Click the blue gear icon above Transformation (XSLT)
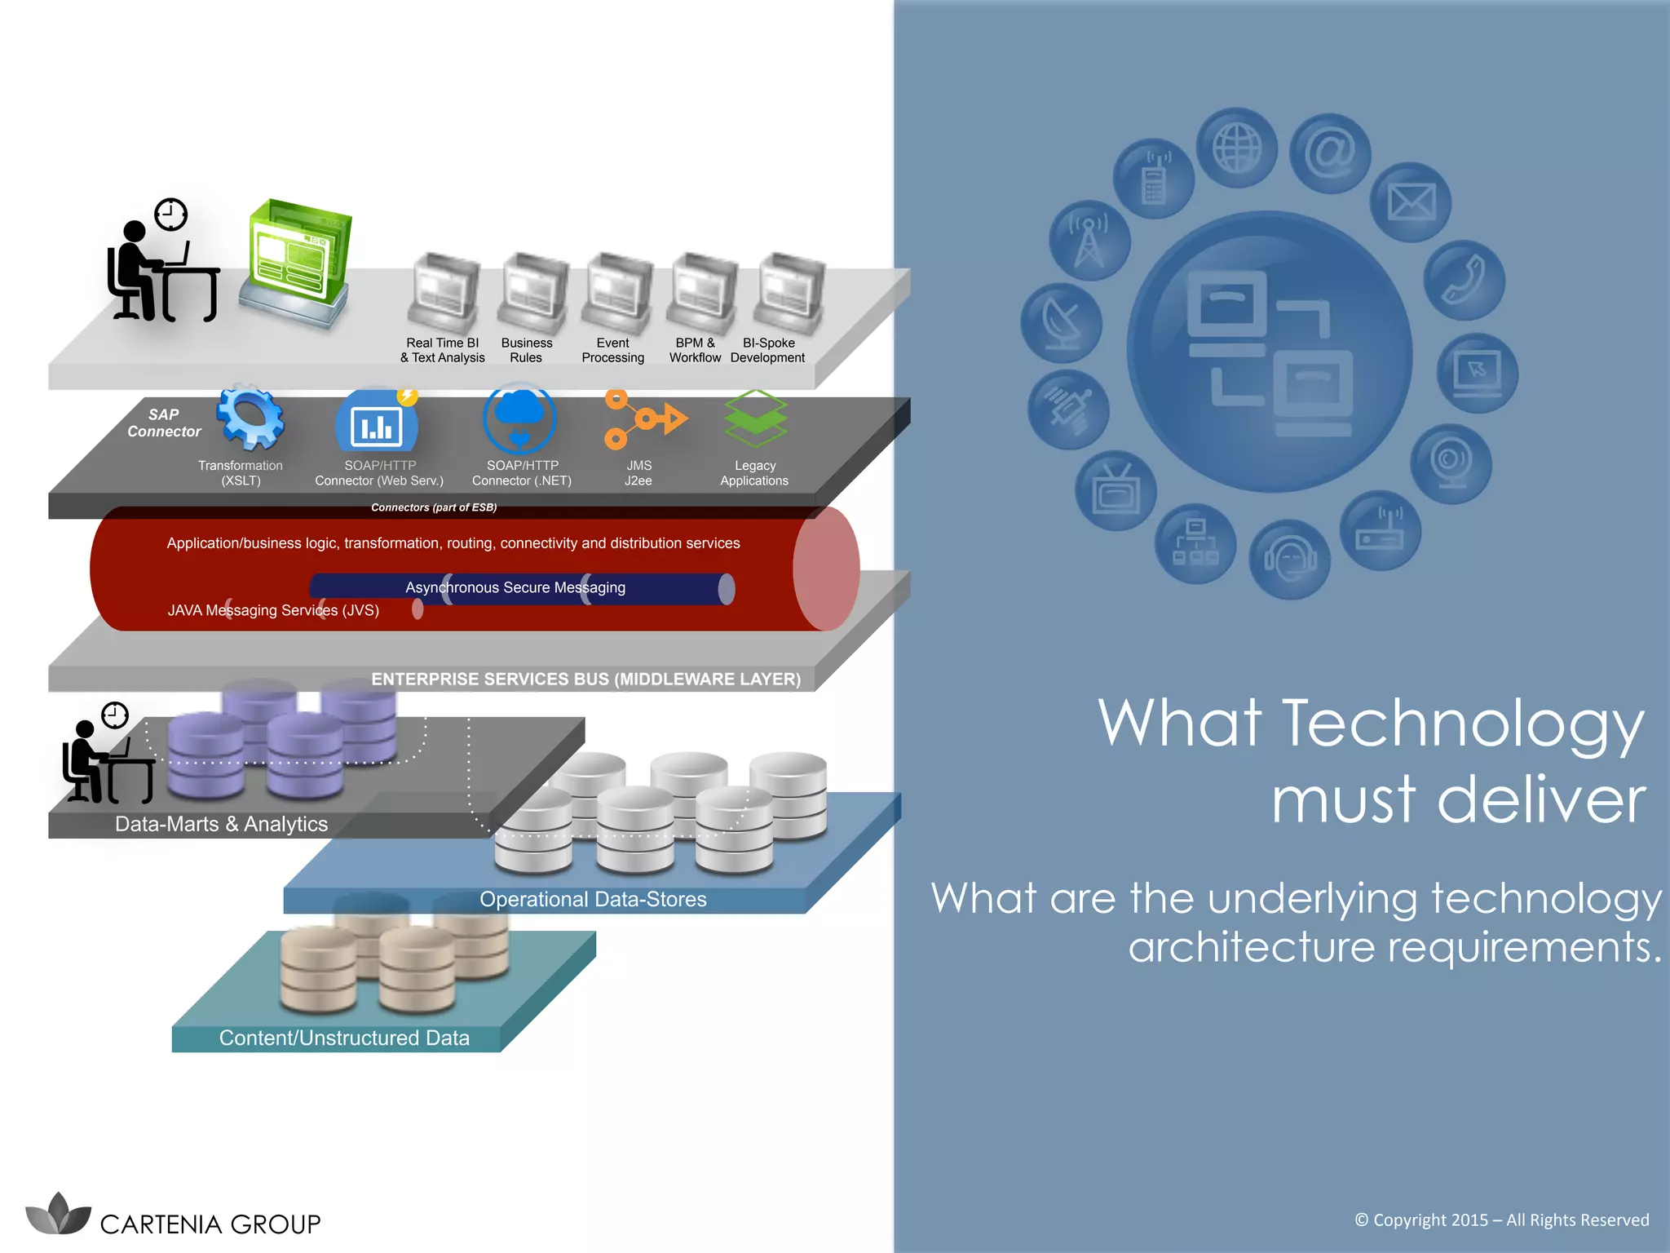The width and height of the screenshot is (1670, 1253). coord(250,418)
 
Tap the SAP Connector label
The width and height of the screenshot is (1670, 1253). coord(164,423)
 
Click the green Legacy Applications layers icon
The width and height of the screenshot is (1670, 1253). coord(756,418)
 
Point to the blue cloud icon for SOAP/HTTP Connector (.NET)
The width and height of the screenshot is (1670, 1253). coord(519,418)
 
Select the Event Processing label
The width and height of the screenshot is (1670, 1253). coord(612,350)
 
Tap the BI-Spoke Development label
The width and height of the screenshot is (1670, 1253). coord(767,350)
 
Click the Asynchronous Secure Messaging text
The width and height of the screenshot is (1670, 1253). coord(515,587)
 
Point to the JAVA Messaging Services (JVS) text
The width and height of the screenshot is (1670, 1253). coord(273,610)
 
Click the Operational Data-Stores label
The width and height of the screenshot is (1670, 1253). coord(593,899)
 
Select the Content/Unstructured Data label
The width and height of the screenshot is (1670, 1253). coord(344,1038)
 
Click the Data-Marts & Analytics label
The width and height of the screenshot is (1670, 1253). coord(221,824)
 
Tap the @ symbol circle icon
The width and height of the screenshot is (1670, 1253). coord(1330,153)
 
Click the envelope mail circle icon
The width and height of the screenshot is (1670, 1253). coord(1411,201)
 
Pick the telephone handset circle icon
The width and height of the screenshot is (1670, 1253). coord(1464,280)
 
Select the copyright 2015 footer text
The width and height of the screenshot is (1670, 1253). coord(1501,1220)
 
